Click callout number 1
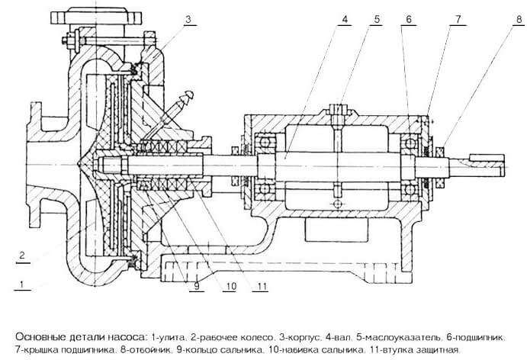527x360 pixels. [22, 284]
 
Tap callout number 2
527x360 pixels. [22, 255]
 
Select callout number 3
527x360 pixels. [188, 20]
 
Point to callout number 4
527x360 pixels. [345, 20]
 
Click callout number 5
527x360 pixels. [377, 20]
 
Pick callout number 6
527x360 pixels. [409, 20]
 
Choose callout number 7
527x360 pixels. [458, 20]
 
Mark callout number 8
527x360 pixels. [519, 20]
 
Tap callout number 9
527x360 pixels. [197, 286]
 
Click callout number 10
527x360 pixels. [230, 286]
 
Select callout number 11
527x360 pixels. [262, 286]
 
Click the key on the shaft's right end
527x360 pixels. [487, 157]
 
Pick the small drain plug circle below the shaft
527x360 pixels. [338, 204]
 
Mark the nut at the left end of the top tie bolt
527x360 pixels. [64, 40]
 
